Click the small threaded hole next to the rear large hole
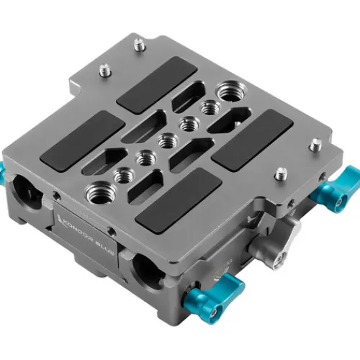tap(211, 107)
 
